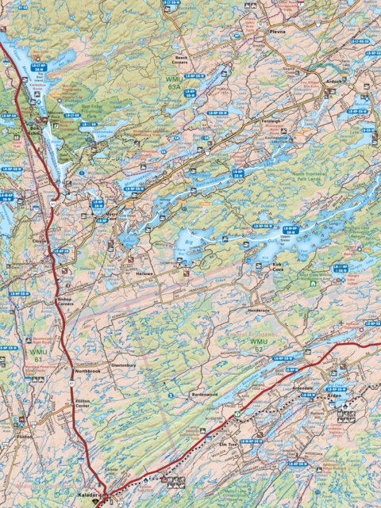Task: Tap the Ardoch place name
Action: pos(335,80)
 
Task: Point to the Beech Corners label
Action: pos(177,61)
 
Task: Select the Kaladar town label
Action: pos(87,493)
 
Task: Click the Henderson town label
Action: pos(259,310)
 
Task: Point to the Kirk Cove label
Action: pos(278,269)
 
